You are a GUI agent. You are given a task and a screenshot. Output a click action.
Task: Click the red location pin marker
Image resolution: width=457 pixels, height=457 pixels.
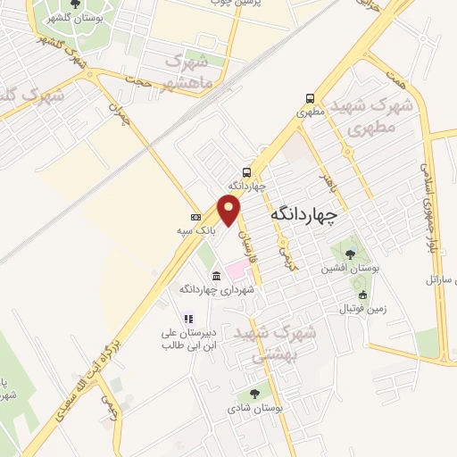[x=230, y=210]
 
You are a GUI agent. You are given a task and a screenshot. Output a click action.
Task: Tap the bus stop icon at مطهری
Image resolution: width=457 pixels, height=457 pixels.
[x=309, y=98]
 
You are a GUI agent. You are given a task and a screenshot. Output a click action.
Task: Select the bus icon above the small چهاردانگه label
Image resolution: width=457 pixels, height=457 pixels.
[x=246, y=172]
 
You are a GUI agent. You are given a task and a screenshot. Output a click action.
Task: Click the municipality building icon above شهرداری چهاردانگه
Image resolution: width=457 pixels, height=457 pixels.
[x=218, y=274]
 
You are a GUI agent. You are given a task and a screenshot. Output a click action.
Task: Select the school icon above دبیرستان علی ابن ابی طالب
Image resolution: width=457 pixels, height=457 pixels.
[x=187, y=319]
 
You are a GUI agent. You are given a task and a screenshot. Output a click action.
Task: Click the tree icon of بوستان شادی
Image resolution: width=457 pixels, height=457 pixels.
[x=255, y=393]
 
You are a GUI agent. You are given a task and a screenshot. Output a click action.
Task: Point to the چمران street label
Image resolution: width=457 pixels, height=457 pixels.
[x=119, y=117]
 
